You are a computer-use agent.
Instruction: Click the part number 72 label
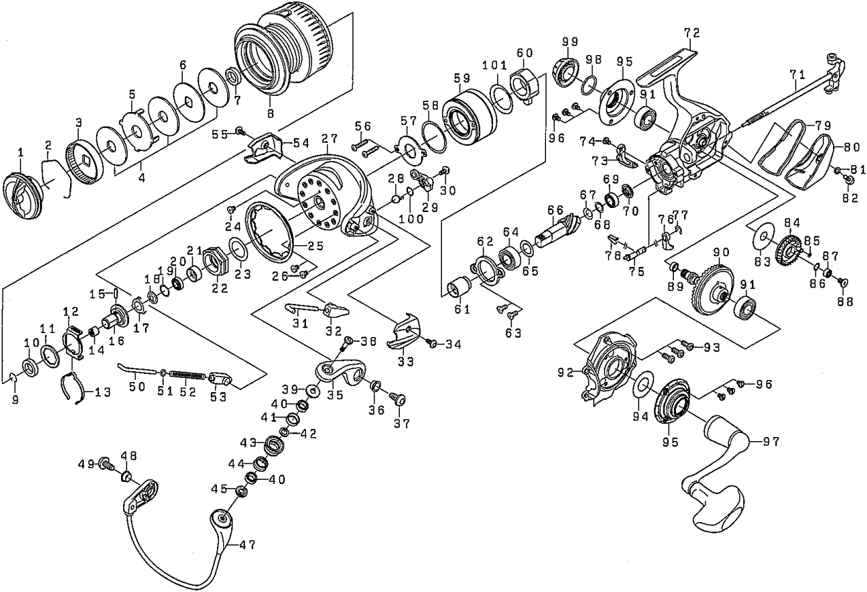pos(692,33)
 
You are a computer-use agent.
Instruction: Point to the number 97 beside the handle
pos(770,442)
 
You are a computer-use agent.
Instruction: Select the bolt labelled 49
pos(105,465)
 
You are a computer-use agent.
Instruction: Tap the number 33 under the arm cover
pos(405,362)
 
